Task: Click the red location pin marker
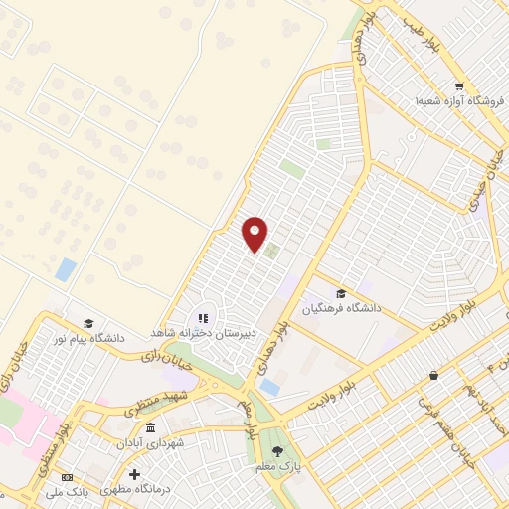[x=255, y=233]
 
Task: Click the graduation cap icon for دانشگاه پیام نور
[x=88, y=323]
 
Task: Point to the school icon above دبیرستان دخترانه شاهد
[x=202, y=318]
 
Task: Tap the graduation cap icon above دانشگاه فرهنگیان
[x=341, y=293]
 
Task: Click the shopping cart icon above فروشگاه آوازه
[x=458, y=85]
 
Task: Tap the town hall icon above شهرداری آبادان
[x=150, y=427]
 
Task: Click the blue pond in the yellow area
[x=66, y=269]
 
